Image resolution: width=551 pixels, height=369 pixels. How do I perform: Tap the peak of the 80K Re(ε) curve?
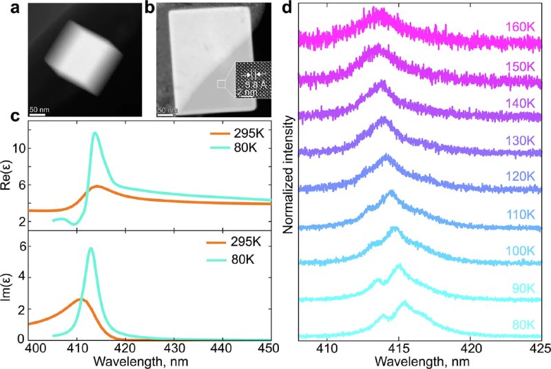(95, 133)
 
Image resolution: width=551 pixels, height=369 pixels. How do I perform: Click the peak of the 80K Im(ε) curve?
(91, 249)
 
